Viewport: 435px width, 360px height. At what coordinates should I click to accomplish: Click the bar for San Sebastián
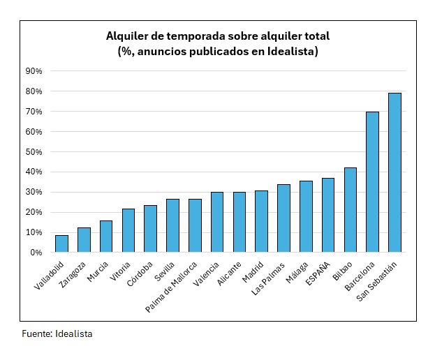click(395, 172)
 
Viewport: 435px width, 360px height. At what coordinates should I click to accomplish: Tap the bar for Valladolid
click(61, 243)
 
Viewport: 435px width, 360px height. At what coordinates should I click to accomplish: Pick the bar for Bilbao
click(350, 209)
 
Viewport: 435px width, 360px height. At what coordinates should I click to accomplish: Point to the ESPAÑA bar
click(328, 215)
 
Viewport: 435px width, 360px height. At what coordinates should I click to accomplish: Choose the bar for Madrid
click(261, 221)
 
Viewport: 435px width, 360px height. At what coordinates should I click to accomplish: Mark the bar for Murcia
click(105, 237)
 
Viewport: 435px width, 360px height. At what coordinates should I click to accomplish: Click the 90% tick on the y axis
click(34, 71)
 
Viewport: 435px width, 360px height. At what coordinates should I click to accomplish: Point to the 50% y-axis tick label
click(34, 152)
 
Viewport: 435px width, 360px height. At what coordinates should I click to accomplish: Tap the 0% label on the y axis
click(36, 253)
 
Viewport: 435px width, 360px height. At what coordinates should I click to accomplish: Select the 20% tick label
click(34, 213)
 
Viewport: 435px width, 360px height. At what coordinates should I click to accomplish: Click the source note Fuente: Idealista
click(57, 334)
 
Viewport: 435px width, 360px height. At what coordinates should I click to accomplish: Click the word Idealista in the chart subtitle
click(291, 51)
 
